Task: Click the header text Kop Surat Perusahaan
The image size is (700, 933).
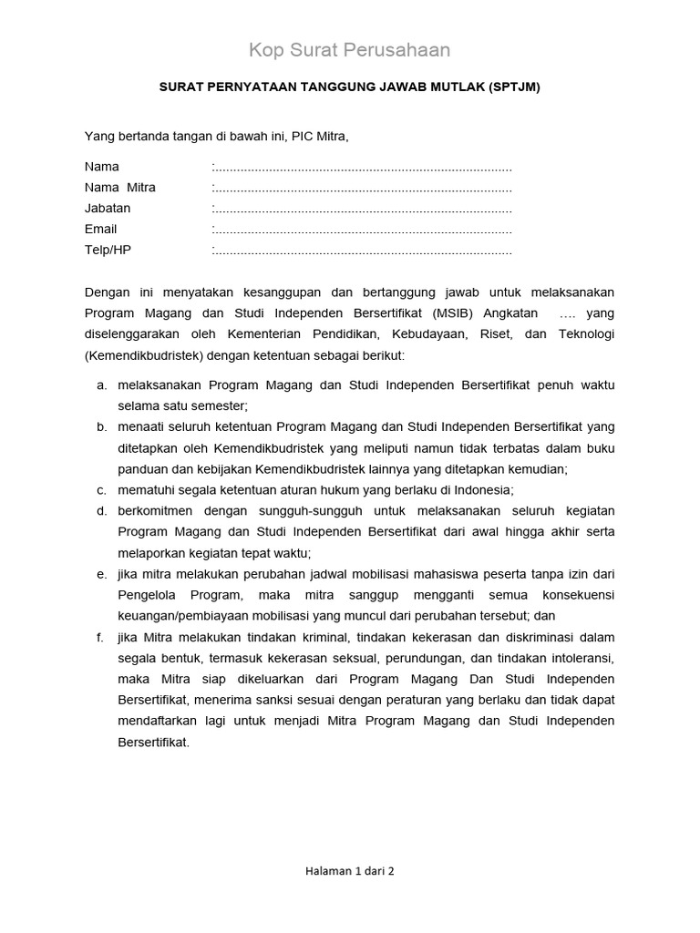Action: [350, 50]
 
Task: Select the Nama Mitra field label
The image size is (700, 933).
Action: [120, 188]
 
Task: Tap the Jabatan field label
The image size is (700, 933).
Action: [108, 209]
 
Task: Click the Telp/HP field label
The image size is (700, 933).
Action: [108, 250]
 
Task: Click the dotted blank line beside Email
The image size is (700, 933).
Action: [362, 230]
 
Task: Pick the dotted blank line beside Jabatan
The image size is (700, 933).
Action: [362, 209]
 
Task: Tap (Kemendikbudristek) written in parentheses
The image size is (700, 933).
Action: [145, 354]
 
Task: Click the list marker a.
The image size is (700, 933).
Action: [101, 385]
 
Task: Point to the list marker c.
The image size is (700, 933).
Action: [101, 490]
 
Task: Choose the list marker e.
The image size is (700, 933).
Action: [101, 574]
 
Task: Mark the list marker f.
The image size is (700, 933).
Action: [100, 637]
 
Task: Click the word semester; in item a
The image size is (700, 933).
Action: [218, 406]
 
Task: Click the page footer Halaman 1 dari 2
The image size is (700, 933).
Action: [350, 871]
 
